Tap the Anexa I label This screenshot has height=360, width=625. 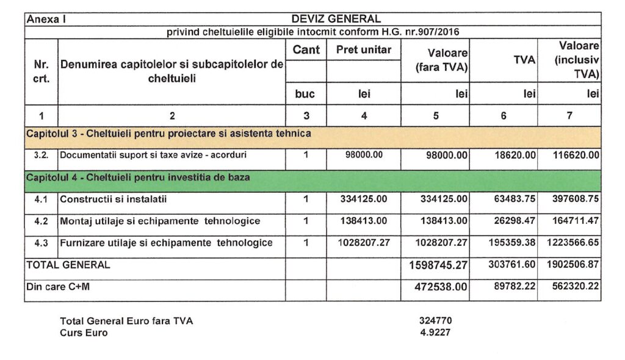(46, 19)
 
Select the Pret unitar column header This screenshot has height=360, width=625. (364, 50)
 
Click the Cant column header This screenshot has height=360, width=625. (306, 50)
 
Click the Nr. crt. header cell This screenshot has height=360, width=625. (41, 71)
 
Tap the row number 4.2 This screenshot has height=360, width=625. (41, 221)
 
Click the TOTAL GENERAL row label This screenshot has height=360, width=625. (68, 265)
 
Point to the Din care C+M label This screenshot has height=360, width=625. (58, 286)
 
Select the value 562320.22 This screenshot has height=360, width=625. (571, 286)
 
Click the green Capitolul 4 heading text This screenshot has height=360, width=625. (137, 177)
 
